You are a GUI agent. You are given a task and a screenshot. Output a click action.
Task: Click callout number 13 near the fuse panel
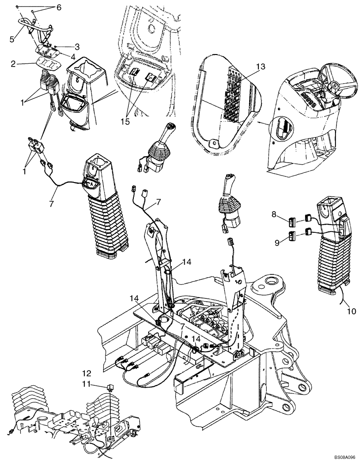point(261,67)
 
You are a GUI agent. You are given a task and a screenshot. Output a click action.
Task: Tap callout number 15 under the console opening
point(126,109)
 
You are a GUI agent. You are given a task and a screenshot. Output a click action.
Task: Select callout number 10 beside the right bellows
point(351,311)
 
